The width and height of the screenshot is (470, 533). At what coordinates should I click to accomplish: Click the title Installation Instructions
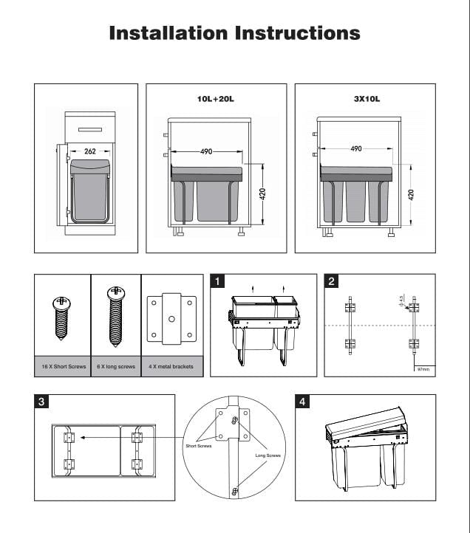coord(234,33)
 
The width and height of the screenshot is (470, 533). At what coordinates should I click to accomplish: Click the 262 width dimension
coord(90,151)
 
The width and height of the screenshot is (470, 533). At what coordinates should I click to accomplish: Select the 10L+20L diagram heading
coord(216,97)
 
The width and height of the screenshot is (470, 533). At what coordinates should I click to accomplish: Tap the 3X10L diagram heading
coord(365,97)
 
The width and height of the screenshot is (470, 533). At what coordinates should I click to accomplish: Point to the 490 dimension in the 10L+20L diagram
coord(206,151)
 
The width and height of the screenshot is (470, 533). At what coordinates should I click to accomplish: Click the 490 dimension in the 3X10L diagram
coord(356,148)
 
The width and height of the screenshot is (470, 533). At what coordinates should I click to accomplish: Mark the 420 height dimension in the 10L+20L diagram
coord(262,195)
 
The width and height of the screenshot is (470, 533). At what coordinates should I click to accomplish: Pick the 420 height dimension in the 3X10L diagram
coord(411,195)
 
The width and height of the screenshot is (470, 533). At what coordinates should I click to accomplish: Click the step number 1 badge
coord(217,281)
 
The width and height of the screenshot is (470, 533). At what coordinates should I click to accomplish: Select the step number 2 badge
coord(332,281)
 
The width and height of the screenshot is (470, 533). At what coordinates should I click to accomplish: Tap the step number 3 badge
coord(42,402)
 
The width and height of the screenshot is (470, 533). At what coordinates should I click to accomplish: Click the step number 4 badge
coord(302,402)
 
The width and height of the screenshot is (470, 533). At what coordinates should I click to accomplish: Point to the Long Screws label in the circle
coord(268,455)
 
